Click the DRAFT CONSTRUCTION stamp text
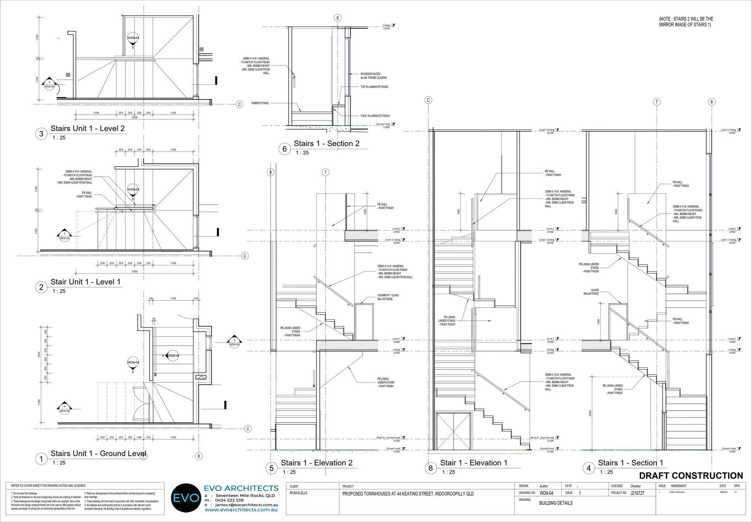(691, 475)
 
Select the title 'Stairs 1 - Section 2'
(326, 143)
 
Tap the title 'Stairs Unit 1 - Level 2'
(88, 128)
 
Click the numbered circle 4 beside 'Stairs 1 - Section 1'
(589, 469)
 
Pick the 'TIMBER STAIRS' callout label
(260, 103)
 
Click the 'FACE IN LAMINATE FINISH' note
(375, 116)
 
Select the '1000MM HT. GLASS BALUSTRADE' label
(388, 297)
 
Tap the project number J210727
(637, 493)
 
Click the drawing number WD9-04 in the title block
(546, 493)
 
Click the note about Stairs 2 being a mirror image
(686, 22)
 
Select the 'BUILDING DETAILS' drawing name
(556, 503)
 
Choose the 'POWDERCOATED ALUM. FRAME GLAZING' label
(371, 76)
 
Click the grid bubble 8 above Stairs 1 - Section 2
(338, 18)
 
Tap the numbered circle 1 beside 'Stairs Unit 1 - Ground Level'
(41, 459)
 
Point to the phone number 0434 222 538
(229, 500)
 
